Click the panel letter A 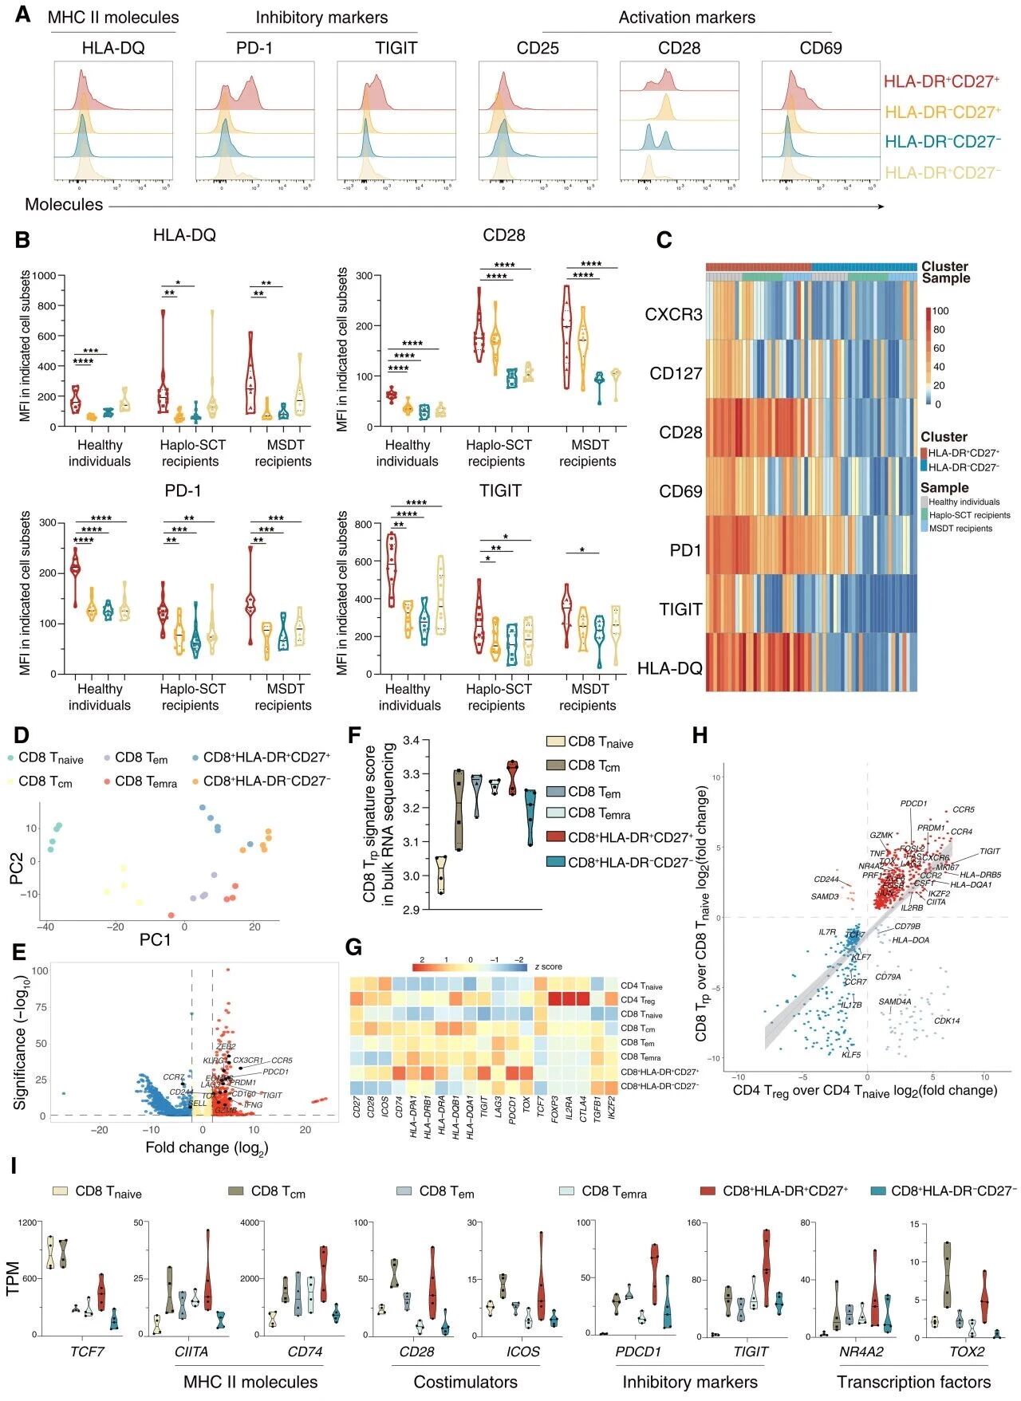point(23,15)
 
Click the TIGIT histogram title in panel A point(396,48)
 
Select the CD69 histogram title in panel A point(821,48)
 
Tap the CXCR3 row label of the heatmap point(673,314)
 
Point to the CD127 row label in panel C point(676,373)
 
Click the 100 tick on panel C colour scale point(940,311)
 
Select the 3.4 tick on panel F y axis point(413,742)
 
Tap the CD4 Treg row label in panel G point(637,1000)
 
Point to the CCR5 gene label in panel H point(964,809)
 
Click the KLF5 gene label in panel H point(851,1054)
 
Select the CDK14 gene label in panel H point(947,1020)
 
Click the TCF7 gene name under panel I point(80,1352)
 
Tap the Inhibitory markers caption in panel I point(690,1382)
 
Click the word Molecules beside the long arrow point(64,204)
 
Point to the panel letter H point(700,734)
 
